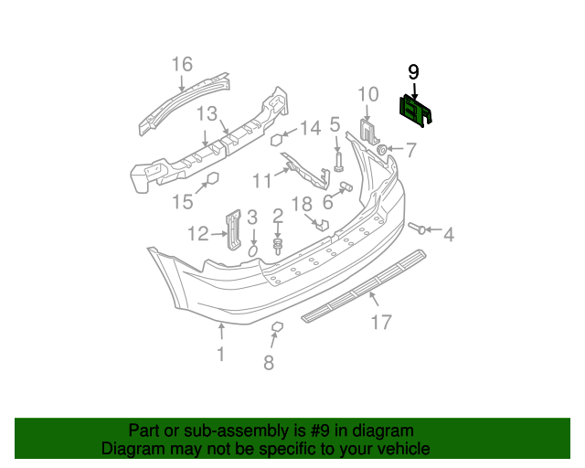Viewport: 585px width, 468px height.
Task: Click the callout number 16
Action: tap(182, 64)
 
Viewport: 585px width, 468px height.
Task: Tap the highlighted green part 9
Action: tap(417, 111)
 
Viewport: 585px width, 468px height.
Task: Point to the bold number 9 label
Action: tap(413, 71)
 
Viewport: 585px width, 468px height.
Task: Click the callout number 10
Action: tap(367, 93)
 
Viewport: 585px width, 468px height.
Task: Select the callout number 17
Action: tap(380, 322)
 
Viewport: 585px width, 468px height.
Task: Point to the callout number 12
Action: tap(198, 234)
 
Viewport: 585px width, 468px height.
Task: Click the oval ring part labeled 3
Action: tap(254, 249)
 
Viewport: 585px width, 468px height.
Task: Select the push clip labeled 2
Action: tap(277, 245)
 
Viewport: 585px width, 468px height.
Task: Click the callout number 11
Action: tap(262, 181)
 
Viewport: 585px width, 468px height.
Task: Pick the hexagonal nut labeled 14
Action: tap(274, 140)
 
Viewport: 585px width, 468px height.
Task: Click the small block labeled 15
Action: tap(211, 178)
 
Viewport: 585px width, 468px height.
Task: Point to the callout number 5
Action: tap(335, 124)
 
